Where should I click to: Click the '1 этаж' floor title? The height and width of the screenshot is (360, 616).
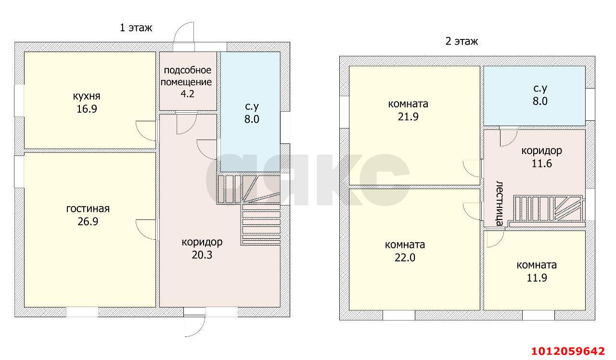pos(136,28)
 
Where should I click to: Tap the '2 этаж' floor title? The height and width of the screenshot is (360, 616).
pos(462,41)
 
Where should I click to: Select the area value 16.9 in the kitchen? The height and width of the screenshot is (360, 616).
pos(87,109)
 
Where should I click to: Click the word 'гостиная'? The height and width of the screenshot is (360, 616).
pos(88,209)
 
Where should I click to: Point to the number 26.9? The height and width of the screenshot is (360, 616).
pos(88,222)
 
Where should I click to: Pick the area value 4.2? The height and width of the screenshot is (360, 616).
pos(187,94)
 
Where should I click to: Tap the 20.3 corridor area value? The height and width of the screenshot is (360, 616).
pos(202,255)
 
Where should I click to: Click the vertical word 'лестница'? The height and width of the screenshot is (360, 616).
pos(500,203)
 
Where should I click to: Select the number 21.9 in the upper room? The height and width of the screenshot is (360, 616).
pos(408,117)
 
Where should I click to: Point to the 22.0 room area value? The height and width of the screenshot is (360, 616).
pos(405,257)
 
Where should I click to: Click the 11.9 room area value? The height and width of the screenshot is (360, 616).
pos(537,278)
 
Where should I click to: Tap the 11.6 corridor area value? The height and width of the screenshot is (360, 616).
pos(542,164)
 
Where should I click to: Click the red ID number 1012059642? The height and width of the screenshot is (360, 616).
pos(568,351)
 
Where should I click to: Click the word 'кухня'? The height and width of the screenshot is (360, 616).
pos(87,96)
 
